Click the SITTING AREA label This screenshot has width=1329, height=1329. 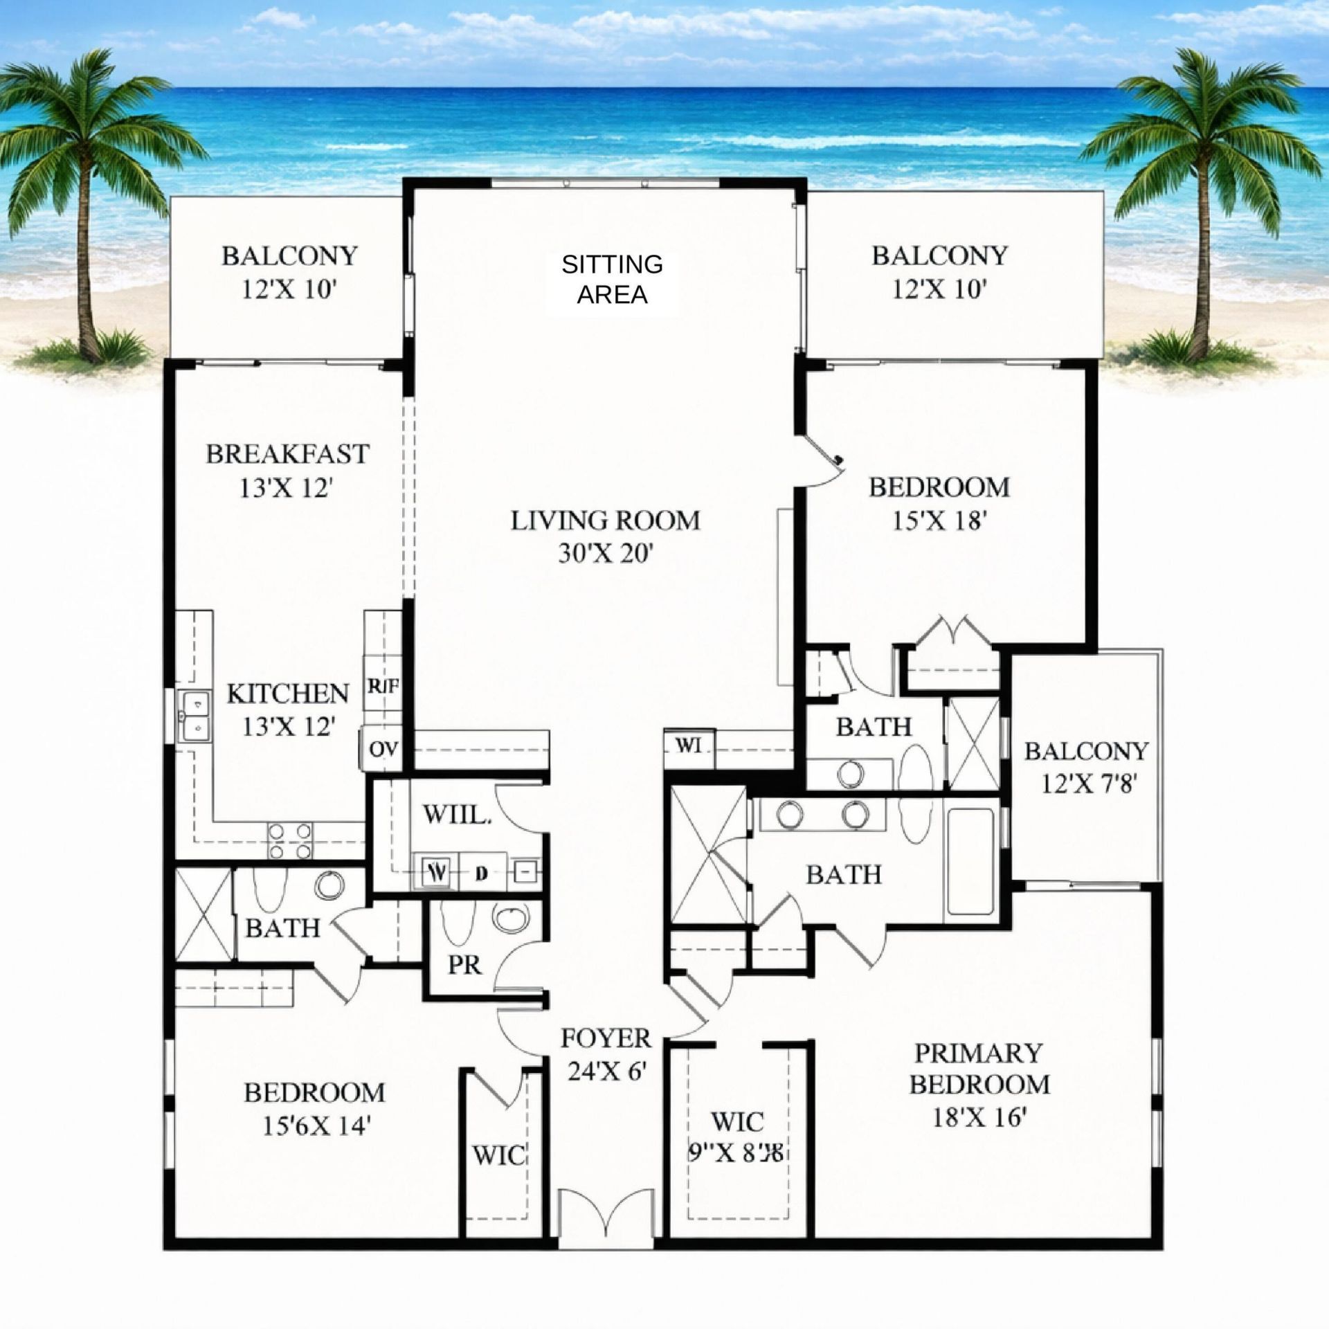612,280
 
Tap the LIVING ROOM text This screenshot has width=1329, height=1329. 605,521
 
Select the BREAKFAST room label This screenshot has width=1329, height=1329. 287,454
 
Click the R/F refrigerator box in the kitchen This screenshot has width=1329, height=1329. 383,687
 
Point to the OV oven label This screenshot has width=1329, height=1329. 383,749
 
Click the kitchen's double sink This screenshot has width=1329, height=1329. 195,716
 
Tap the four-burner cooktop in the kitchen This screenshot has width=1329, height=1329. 290,840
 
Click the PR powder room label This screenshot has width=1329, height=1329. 464,965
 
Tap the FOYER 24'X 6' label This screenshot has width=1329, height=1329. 606,1055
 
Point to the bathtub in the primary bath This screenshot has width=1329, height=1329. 972,861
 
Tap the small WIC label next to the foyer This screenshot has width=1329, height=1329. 500,1155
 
